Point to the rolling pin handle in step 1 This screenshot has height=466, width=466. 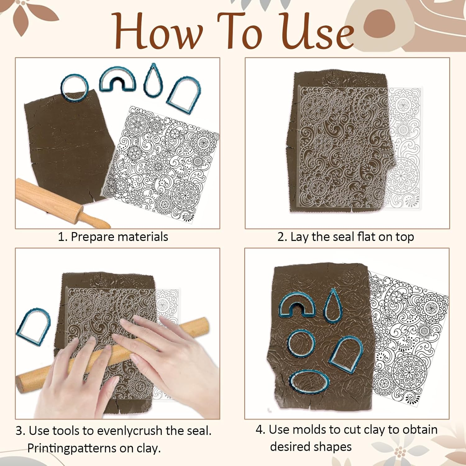point(94,219)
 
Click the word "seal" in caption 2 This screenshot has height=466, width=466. point(343,237)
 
